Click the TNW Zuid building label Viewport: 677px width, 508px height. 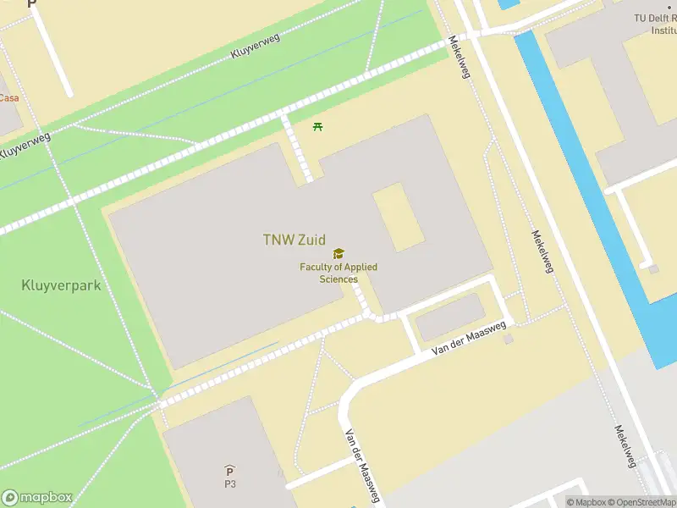click(x=294, y=240)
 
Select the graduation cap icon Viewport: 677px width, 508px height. click(x=338, y=254)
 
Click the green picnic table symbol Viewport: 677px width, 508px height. click(x=318, y=127)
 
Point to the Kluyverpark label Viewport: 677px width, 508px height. click(x=61, y=285)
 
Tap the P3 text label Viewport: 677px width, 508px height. click(x=229, y=484)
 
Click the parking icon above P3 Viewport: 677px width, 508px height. click(x=229, y=471)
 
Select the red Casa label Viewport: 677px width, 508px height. click(x=8, y=98)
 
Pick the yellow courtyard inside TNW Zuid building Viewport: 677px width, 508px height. click(x=399, y=216)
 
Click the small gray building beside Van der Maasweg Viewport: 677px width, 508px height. click(x=450, y=317)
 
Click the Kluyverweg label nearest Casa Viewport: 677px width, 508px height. click(x=25, y=146)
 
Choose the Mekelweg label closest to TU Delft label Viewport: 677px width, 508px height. click(x=460, y=57)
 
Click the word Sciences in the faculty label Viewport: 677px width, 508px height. click(x=338, y=279)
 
